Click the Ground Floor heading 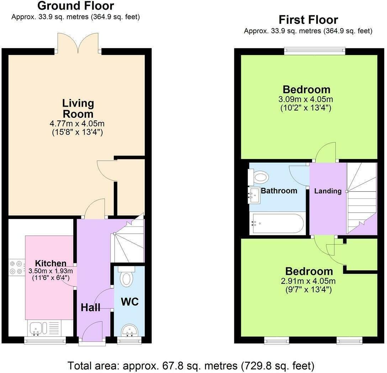[75, 6]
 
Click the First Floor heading [308, 19]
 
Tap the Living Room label [78, 108]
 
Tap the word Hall [90, 308]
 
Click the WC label [129, 302]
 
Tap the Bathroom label [279, 191]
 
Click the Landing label [328, 191]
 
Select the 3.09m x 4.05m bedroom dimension [307, 99]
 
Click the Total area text [191, 365]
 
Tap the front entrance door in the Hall [92, 332]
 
